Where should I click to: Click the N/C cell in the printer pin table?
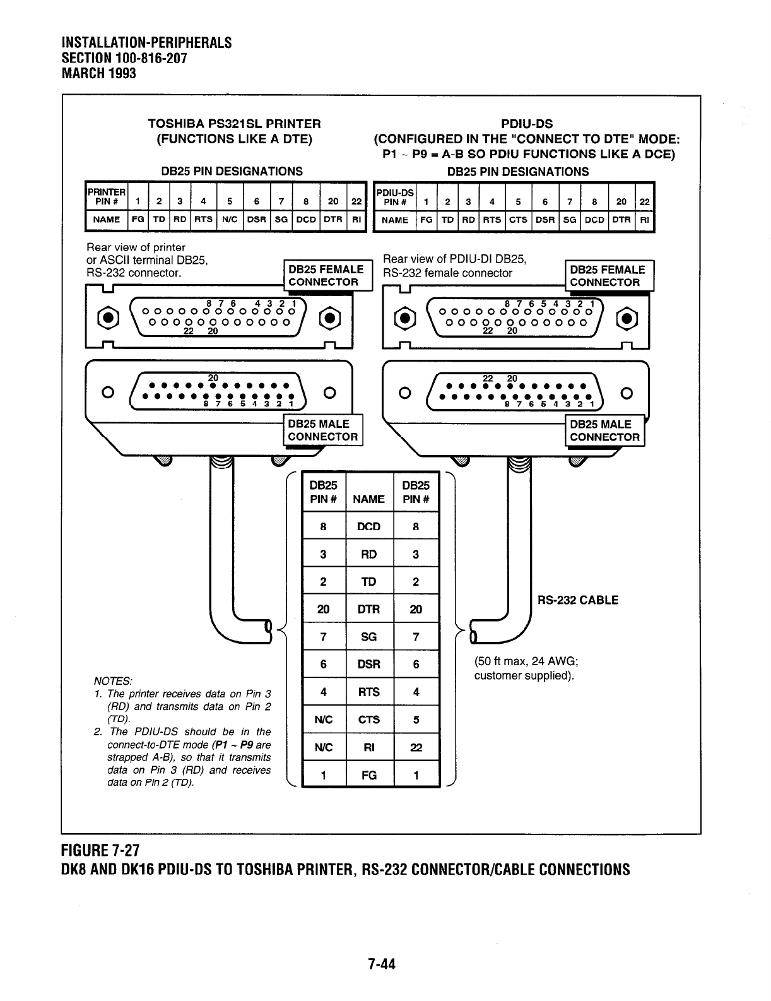pyautogui.click(x=230, y=220)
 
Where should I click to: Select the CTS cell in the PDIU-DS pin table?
pyautogui.click(x=518, y=220)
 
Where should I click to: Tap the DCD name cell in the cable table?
pyautogui.click(x=369, y=526)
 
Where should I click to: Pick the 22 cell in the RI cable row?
pyautogui.click(x=416, y=748)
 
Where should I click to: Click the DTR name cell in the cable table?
pyautogui.click(x=369, y=609)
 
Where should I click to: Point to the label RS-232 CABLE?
pyautogui.click(x=577, y=600)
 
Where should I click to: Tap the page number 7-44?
pyautogui.click(x=382, y=964)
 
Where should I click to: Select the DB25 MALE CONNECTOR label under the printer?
pyautogui.click(x=323, y=430)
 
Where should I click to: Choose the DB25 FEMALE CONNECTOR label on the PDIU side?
pyautogui.click(x=608, y=276)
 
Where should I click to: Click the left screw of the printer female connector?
pyautogui.click(x=108, y=316)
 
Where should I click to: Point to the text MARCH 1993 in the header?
pyautogui.click(x=99, y=73)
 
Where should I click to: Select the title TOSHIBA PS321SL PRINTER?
pyautogui.click(x=234, y=124)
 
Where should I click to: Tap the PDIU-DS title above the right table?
pyautogui.click(x=526, y=124)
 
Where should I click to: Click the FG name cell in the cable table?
pyautogui.click(x=369, y=776)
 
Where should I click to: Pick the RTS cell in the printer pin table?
pyautogui.click(x=203, y=220)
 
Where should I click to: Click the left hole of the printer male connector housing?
pyautogui.click(x=107, y=393)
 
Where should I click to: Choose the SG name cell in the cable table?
pyautogui.click(x=369, y=637)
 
